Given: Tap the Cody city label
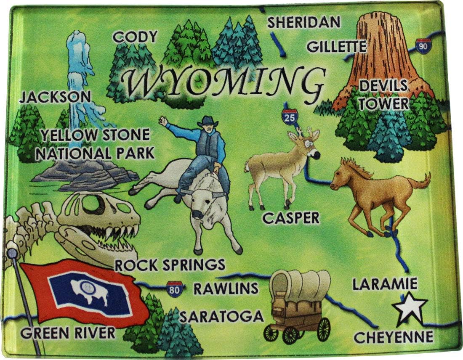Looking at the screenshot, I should coord(135,37).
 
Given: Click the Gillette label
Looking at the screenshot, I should coord(336,46).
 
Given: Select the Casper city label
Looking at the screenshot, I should coord(290,218).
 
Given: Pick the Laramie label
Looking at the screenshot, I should coord(385,284).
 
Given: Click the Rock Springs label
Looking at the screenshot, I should coord(170,265).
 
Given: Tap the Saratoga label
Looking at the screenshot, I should coord(221,316).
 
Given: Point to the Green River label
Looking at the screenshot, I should coord(68,333).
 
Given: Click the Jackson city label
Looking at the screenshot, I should coord(55,97).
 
